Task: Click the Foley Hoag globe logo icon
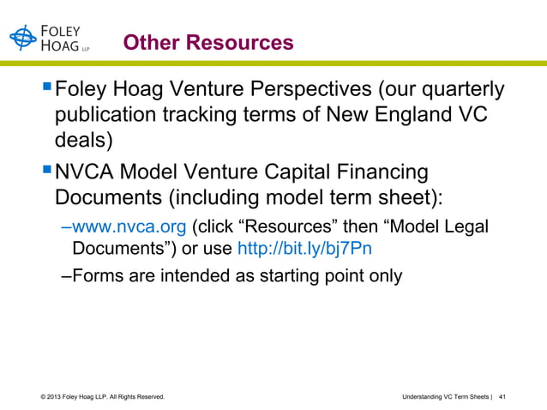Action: coord(24,39)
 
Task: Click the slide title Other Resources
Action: coord(207,42)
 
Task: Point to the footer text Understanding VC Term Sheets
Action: coord(443,396)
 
